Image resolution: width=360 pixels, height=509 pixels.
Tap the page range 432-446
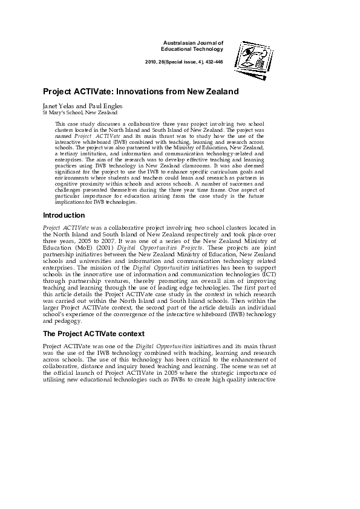[x=214, y=63]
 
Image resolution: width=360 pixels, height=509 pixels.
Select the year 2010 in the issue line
[x=152, y=63]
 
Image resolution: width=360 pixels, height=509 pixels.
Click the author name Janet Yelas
[x=58, y=106]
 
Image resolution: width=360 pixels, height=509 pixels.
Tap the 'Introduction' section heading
[x=64, y=215]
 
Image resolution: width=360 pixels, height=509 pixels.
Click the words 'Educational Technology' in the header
[x=192, y=49]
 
